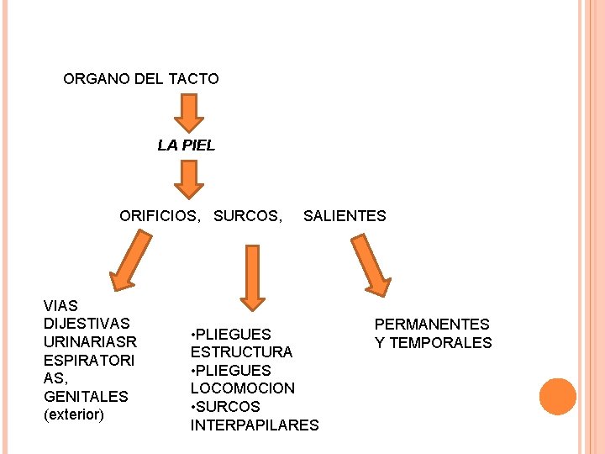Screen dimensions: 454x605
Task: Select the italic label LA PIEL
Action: pyautogui.click(x=187, y=145)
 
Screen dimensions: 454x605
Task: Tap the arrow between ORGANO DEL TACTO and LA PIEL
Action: pyautogui.click(x=189, y=112)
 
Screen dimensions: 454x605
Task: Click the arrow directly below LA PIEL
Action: pyautogui.click(x=189, y=178)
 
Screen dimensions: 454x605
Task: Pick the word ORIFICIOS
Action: pyautogui.click(x=160, y=216)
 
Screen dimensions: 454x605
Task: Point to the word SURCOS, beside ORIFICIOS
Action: pyautogui.click(x=248, y=216)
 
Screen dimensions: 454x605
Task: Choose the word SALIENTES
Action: pyautogui.click(x=345, y=216)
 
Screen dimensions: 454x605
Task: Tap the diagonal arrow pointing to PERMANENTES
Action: pyautogui.click(x=370, y=265)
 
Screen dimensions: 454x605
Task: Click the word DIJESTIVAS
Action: pyautogui.click(x=87, y=324)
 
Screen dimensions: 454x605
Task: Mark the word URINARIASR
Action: pyautogui.click(x=90, y=342)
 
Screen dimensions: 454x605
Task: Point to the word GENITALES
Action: pyautogui.click(x=86, y=396)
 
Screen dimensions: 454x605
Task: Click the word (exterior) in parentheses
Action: pyautogui.click(x=74, y=414)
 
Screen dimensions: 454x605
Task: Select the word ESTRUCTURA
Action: pyautogui.click(x=241, y=352)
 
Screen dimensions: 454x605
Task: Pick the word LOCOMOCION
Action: pyautogui.click(x=243, y=388)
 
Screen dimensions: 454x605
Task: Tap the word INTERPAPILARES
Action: pyautogui.click(x=255, y=425)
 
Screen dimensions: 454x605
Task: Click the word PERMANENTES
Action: pyautogui.click(x=432, y=324)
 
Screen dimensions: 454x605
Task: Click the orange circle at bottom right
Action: pyautogui.click(x=557, y=396)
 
